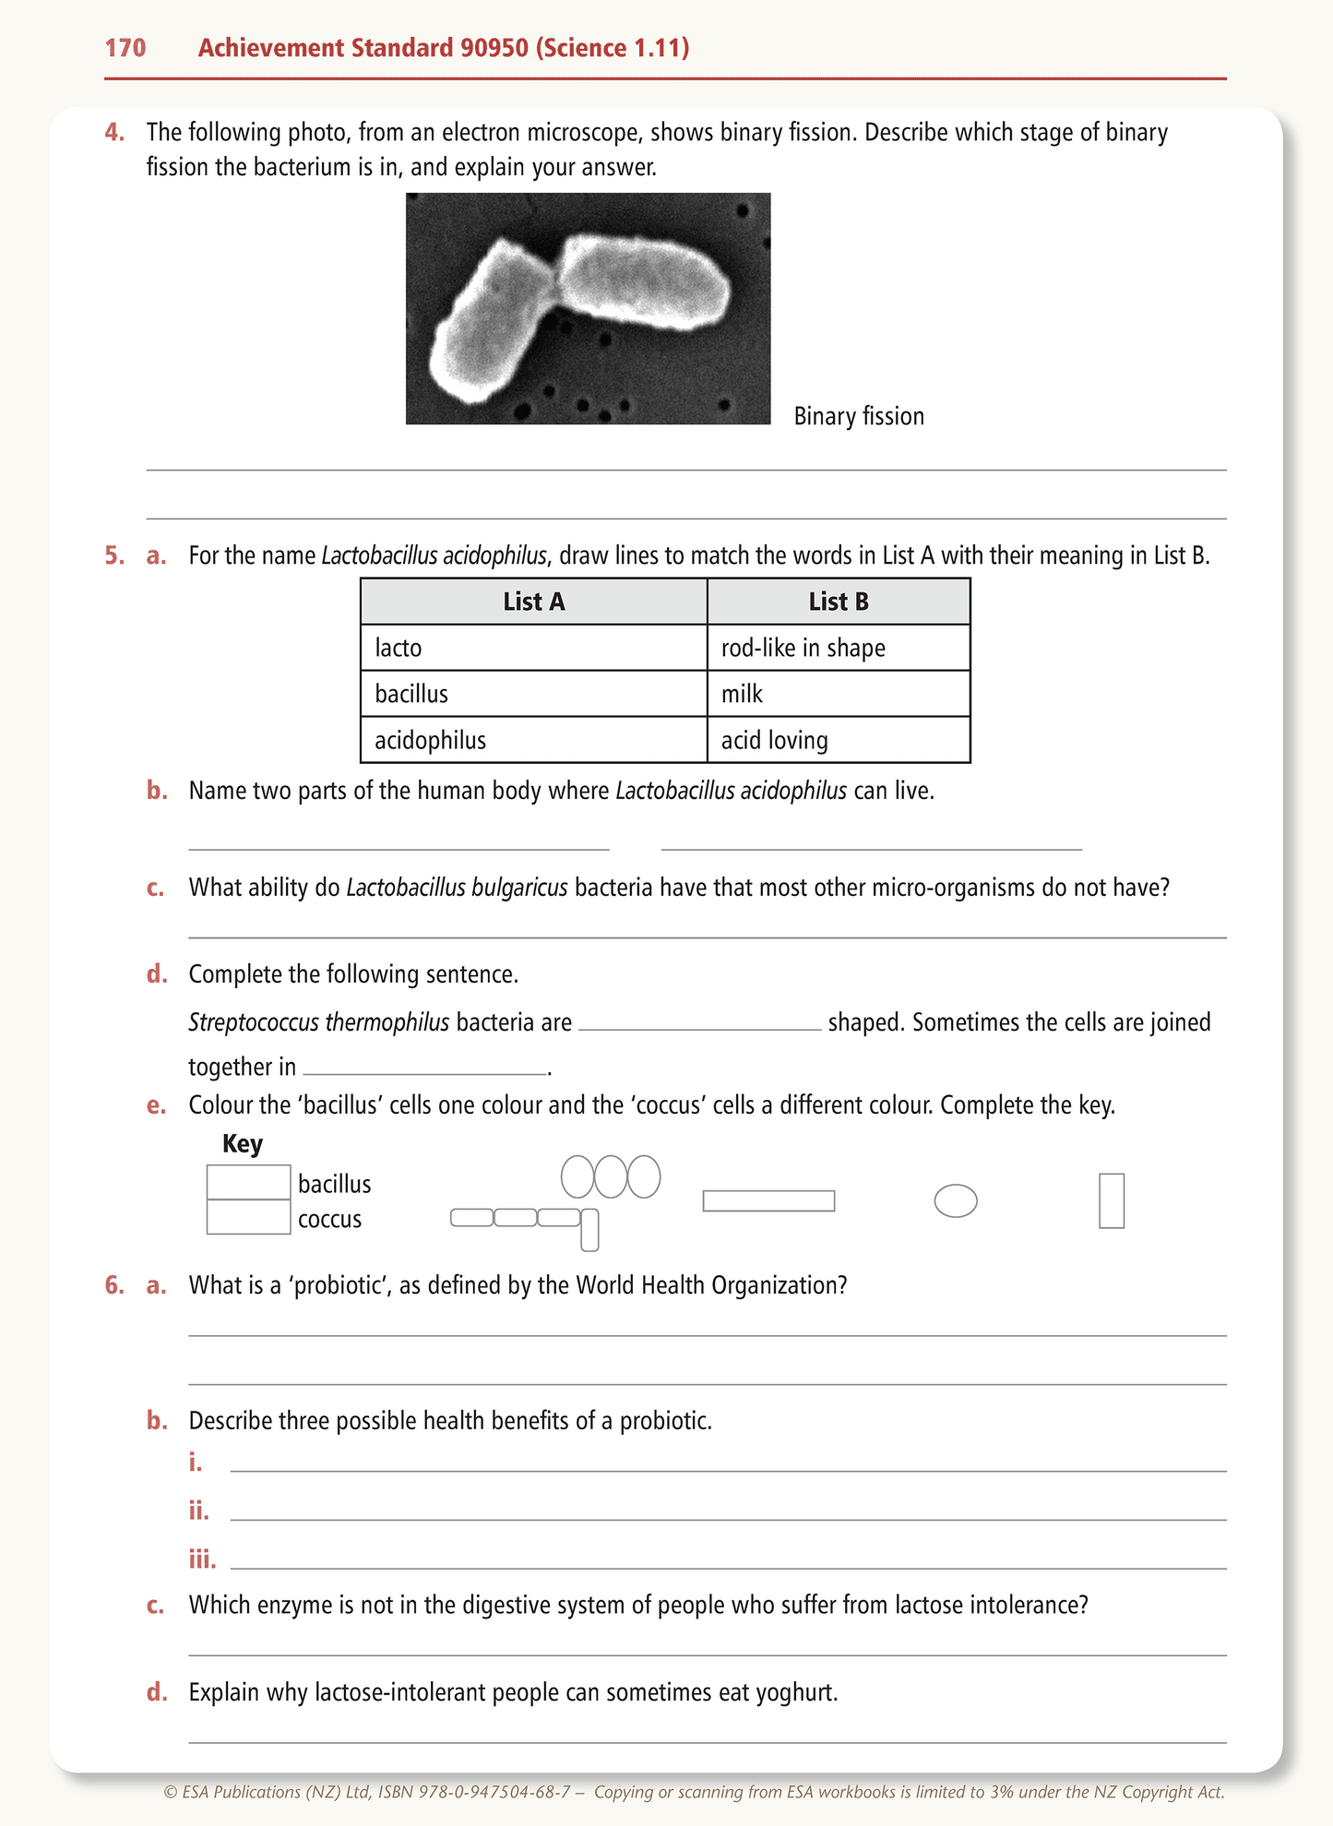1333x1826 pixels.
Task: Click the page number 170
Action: coord(125,48)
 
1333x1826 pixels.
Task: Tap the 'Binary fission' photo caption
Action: coord(858,416)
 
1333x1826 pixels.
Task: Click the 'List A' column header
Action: coord(533,602)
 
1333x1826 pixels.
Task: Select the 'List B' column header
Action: coord(838,602)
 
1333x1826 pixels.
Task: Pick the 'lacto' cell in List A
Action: coord(533,648)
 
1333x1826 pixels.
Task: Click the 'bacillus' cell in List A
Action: coord(533,694)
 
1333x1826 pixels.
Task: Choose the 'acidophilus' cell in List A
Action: coord(533,740)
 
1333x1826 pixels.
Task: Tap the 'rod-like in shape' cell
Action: coord(838,648)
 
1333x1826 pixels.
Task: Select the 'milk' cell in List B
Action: coord(838,694)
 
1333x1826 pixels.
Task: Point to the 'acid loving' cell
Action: coord(838,740)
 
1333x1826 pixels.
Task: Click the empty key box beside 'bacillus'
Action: coord(248,1183)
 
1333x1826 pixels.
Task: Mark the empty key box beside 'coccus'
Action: coord(248,1217)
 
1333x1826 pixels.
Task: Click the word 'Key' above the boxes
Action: coord(243,1144)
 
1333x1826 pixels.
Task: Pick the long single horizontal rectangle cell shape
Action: coord(768,1200)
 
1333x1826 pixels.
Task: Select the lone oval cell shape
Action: coord(956,1200)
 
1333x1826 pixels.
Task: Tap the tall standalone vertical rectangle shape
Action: coord(1112,1200)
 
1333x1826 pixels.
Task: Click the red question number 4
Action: coord(114,133)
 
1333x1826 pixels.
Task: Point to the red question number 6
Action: coord(114,1285)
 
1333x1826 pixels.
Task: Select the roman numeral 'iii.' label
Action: coord(202,1559)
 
